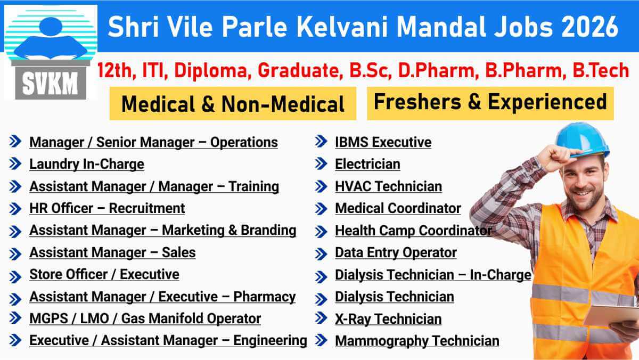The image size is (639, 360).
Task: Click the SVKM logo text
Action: pyautogui.click(x=51, y=84)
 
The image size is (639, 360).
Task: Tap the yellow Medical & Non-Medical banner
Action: pyautogui.click(x=233, y=104)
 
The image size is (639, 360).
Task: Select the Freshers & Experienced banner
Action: pyautogui.click(x=490, y=102)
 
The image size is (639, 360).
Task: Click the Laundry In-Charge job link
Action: pyautogui.click(x=86, y=164)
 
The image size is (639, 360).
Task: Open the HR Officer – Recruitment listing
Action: pyautogui.click(x=107, y=208)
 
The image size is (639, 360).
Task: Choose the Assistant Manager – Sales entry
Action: pyautogui.click(x=112, y=252)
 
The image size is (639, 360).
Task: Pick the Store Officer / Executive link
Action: pyautogui.click(x=104, y=275)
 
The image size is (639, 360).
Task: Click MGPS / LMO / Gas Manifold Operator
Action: pyautogui.click(x=145, y=319)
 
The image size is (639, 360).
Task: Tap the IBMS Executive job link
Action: pyautogui.click(x=383, y=142)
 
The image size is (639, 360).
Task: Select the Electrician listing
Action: pyautogui.click(x=367, y=164)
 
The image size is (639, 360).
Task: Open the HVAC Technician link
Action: pyautogui.click(x=388, y=186)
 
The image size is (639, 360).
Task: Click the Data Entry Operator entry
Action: pyautogui.click(x=396, y=252)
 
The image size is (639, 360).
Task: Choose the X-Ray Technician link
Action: pyautogui.click(x=388, y=319)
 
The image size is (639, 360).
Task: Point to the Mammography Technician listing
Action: pyautogui.click(x=417, y=341)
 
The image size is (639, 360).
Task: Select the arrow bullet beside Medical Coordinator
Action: pyautogui.click(x=321, y=208)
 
